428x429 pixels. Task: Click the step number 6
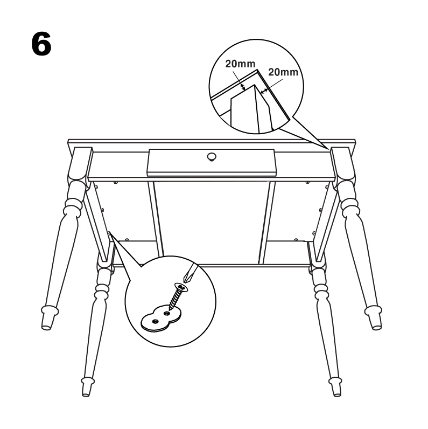click(x=41, y=44)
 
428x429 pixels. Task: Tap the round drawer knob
click(x=212, y=157)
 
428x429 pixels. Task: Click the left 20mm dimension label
click(x=240, y=64)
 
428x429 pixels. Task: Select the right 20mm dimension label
click(x=283, y=72)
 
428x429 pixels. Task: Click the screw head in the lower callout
click(x=181, y=287)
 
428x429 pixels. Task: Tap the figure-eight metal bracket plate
click(x=162, y=318)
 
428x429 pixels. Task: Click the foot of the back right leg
click(x=374, y=318)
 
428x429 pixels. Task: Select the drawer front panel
click(x=211, y=162)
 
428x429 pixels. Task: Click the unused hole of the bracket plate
click(x=155, y=321)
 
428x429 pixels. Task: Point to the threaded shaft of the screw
click(x=174, y=299)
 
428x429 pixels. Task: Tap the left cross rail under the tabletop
click(x=156, y=219)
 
